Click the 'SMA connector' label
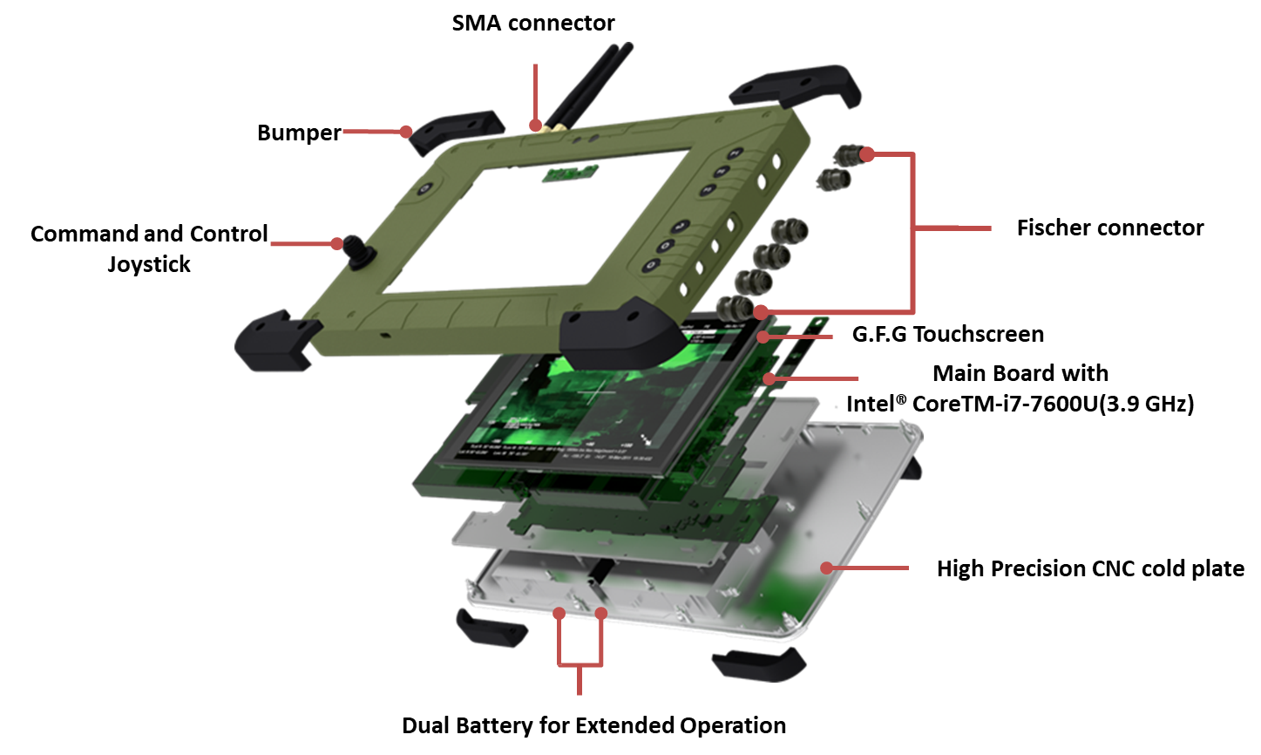pos(533,23)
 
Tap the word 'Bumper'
pos(299,133)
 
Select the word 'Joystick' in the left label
pos(149,264)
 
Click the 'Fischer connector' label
pos(1110,228)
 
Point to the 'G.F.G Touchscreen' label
pos(948,334)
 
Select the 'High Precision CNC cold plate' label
pos(1090,568)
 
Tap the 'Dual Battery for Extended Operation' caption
pos(594,725)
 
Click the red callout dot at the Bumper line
pos(406,132)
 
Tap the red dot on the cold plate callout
pos(826,568)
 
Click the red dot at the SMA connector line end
pos(535,125)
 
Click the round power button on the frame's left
pos(425,188)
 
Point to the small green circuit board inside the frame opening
pos(570,173)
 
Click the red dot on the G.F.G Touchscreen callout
pos(763,337)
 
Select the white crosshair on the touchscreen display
pos(597,391)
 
